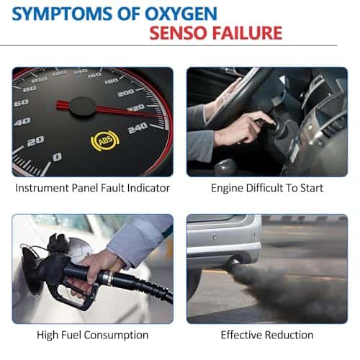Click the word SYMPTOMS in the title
pyautogui.click(x=62, y=14)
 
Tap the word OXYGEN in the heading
pyautogui.click(x=181, y=14)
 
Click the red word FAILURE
pyautogui.click(x=247, y=33)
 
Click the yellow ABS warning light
pyautogui.click(x=105, y=141)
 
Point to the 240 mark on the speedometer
pyautogui.click(x=138, y=128)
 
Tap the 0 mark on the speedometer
pyautogui.click(x=57, y=157)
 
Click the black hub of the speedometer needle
pyautogui.click(x=83, y=107)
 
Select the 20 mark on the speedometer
pyautogui.click(x=35, y=141)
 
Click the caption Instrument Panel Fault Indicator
pyautogui.click(x=93, y=188)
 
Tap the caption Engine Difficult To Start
pyautogui.click(x=267, y=188)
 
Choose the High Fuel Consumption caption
pyautogui.click(x=92, y=335)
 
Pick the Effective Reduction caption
pyautogui.click(x=267, y=335)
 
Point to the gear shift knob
pyautogui.click(x=225, y=166)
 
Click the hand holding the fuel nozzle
pyautogui.click(x=101, y=266)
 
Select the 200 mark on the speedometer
pyautogui.click(x=126, y=93)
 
